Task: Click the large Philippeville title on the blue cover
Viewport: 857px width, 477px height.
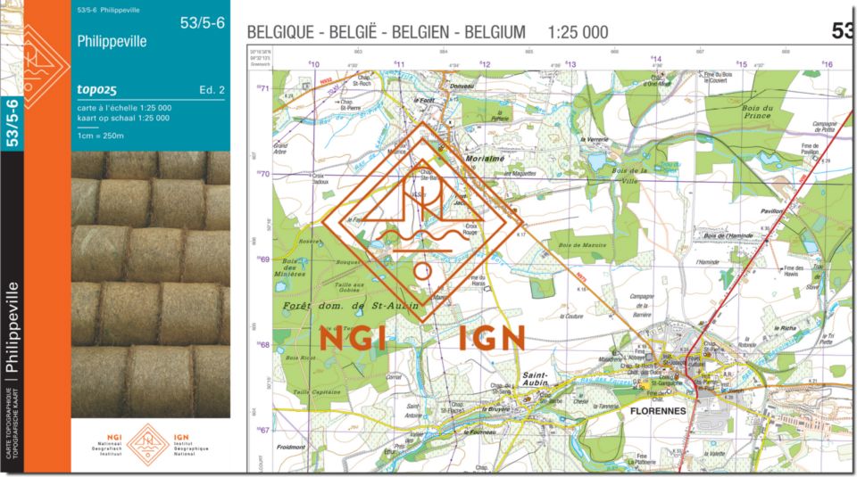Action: coord(112,42)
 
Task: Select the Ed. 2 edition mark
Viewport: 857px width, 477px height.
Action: coord(212,90)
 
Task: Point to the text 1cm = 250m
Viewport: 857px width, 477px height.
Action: coord(100,136)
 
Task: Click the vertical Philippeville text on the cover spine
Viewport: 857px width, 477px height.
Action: coord(12,329)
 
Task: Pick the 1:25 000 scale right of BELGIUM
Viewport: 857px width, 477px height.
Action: coord(578,33)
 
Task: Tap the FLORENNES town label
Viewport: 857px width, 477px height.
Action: coord(658,412)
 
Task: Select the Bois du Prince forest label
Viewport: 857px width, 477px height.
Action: coord(756,111)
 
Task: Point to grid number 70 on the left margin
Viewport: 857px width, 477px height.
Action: coord(263,174)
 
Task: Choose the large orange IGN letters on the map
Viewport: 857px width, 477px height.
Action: coord(493,339)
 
